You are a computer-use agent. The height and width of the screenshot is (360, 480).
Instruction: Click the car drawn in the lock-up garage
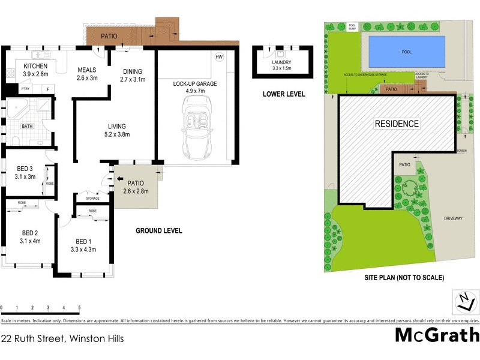[x=196, y=129]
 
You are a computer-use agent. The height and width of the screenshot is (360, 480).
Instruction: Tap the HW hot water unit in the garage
[x=219, y=57]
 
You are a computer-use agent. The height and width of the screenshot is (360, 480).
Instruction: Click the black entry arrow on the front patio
[x=119, y=179]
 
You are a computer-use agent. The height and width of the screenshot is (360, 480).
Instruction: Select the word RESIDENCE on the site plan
[x=397, y=124]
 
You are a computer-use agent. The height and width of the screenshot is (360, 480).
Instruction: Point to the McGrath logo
[x=437, y=335]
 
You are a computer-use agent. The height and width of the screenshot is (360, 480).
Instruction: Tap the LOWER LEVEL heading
[x=284, y=94]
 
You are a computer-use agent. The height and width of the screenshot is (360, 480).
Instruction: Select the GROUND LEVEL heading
[x=158, y=231]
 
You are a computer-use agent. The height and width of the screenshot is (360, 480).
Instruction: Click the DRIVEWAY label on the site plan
[x=453, y=218]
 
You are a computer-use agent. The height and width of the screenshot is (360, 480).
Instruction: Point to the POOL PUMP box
[x=352, y=26]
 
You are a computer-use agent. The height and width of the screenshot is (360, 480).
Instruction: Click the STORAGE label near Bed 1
[x=92, y=197]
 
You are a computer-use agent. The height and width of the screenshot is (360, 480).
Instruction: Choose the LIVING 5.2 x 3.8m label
[x=116, y=130]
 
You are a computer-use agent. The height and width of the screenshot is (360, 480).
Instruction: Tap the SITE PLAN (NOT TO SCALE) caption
[x=404, y=278]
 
